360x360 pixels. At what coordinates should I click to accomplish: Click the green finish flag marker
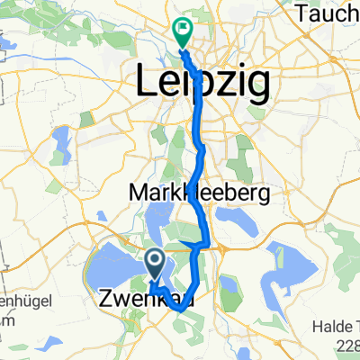[182, 31]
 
